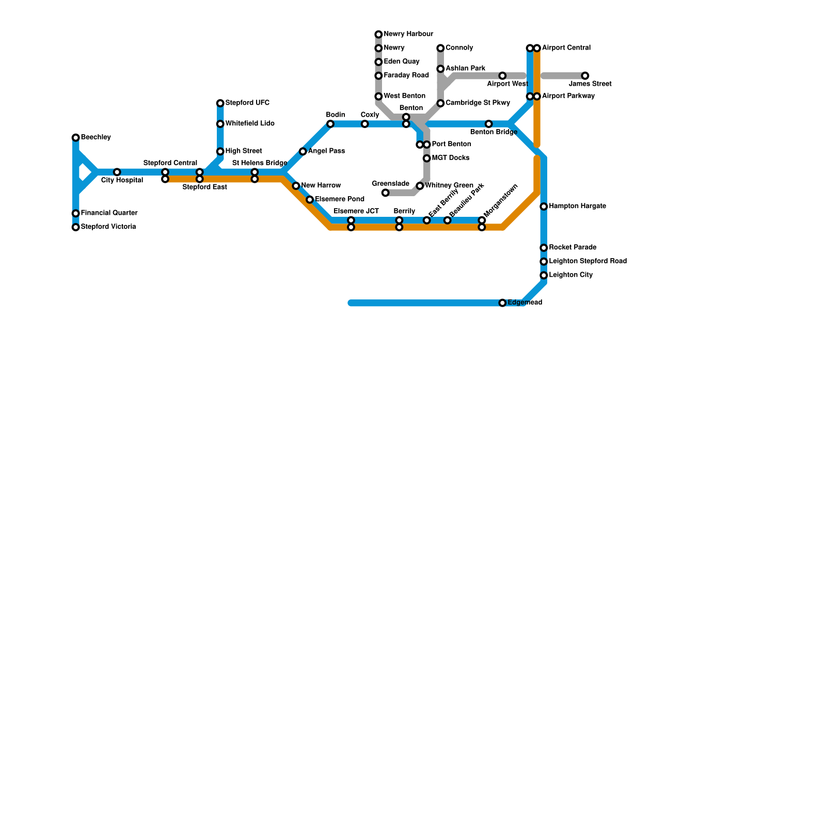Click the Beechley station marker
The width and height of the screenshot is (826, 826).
pyautogui.click(x=76, y=138)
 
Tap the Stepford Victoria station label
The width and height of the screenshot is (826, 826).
pyautogui.click(x=108, y=227)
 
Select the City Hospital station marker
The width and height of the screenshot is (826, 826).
pyautogui.click(x=117, y=172)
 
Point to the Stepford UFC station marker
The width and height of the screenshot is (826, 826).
pyautogui.click(x=220, y=104)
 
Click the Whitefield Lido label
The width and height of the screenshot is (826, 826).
pyautogui.click(x=250, y=124)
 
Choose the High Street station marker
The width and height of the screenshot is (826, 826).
pyautogui.click(x=220, y=152)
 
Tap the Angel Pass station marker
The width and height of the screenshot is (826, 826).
pyautogui.click(x=303, y=152)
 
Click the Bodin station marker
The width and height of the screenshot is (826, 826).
pyautogui.click(x=330, y=124)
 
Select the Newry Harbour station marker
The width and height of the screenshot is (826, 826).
pyautogui.click(x=379, y=35)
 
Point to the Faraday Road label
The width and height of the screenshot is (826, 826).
pyautogui.click(x=406, y=75)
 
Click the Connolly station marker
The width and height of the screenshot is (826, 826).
pyautogui.click(x=440, y=49)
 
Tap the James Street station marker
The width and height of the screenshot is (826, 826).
pyautogui.click(x=585, y=76)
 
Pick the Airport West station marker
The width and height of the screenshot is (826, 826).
pyautogui.click(x=502, y=76)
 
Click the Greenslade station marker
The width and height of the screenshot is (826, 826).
pyautogui.click(x=386, y=193)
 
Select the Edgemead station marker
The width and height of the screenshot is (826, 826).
pyautogui.click(x=502, y=303)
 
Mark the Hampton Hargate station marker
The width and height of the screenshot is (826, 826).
pyautogui.click(x=544, y=206)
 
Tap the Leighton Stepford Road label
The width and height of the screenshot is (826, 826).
pyautogui.click(x=587, y=261)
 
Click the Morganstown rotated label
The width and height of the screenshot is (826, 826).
pyautogui.click(x=501, y=201)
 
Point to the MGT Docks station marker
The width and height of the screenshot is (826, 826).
pyautogui.click(x=427, y=158)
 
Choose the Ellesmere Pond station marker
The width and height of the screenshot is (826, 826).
pyautogui.click(x=310, y=200)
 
